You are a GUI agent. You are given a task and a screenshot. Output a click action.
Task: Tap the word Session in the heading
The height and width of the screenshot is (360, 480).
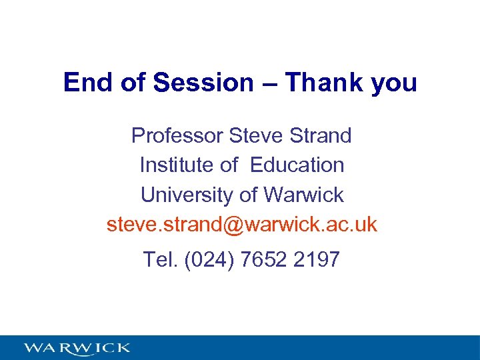tap(204, 83)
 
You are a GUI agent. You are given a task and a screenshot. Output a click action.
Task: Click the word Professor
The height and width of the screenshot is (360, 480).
tap(177, 136)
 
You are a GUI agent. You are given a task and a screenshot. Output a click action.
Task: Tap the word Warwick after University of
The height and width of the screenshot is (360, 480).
tap(304, 195)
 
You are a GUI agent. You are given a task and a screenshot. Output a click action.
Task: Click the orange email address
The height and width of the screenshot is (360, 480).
tap(242, 225)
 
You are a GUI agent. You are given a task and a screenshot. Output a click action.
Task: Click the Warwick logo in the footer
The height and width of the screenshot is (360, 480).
tap(77, 348)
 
